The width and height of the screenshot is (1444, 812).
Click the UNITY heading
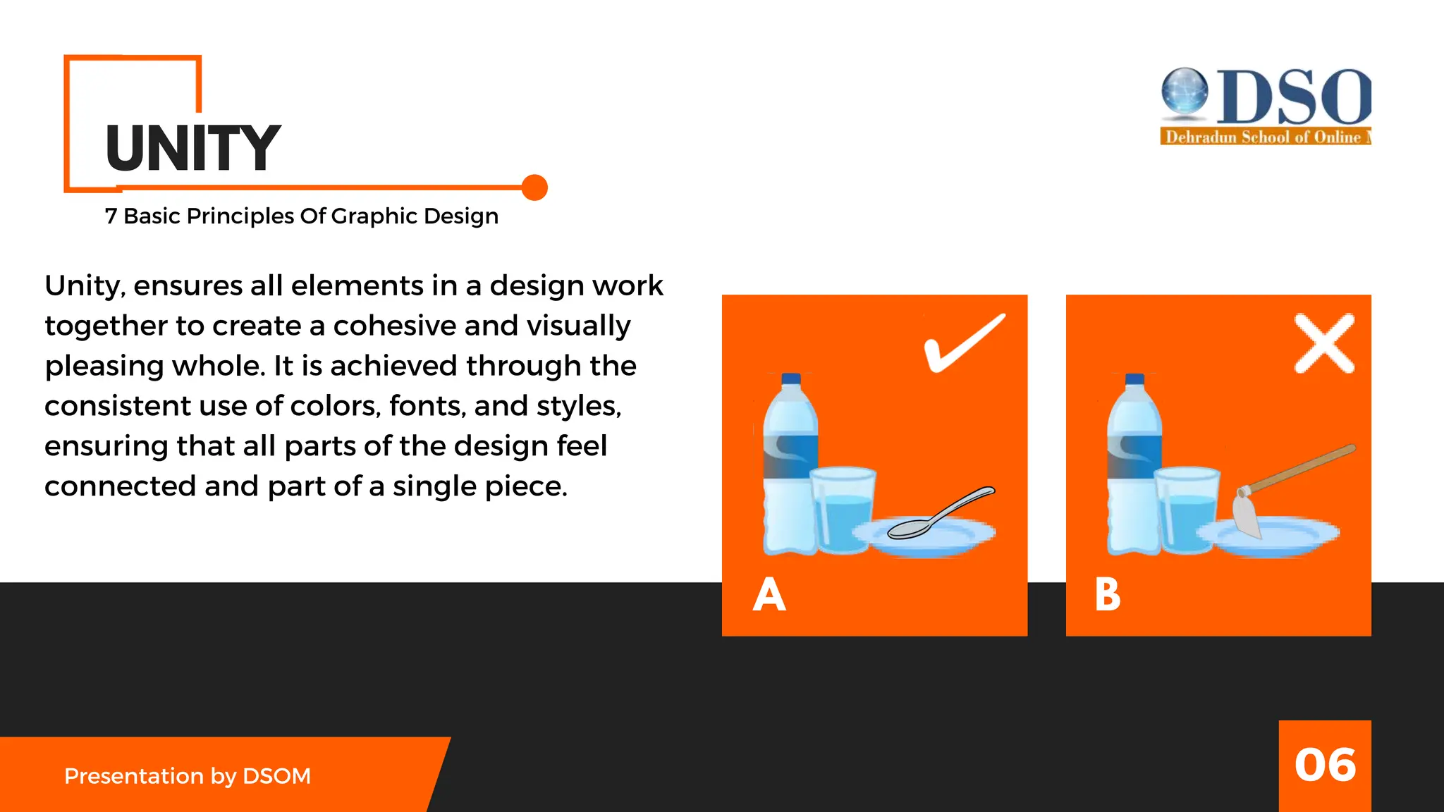tap(192, 148)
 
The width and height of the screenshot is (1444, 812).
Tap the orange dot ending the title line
tap(534, 187)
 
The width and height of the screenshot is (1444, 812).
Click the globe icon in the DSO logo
tap(1185, 90)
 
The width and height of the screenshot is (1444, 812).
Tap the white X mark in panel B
tap(1324, 343)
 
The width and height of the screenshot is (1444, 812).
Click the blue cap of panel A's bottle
tap(791, 379)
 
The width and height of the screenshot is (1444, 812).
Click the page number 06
tap(1325, 765)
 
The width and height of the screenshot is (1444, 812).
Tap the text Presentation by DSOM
tap(188, 776)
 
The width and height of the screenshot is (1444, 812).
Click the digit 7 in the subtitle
tap(111, 216)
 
